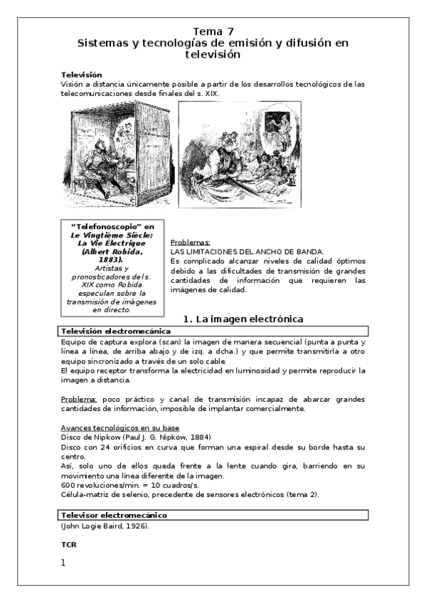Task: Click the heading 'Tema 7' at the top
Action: click(213, 31)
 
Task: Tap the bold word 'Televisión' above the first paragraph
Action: click(82, 75)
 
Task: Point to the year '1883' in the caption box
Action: click(107, 260)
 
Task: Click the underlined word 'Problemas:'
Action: click(191, 242)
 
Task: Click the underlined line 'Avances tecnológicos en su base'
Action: click(120, 427)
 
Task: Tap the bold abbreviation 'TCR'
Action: click(69, 544)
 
